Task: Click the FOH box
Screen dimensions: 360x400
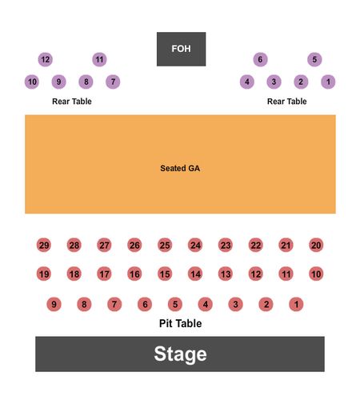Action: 181,49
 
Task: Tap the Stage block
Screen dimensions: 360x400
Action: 180,354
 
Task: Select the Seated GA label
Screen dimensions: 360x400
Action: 180,168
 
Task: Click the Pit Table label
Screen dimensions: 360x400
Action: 180,323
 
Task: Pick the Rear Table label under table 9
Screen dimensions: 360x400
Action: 72,102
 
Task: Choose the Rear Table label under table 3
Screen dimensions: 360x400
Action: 287,102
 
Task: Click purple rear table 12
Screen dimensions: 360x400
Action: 46,59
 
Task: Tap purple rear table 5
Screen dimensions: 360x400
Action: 314,59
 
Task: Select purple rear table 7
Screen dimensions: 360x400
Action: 113,82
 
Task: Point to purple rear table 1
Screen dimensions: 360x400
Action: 328,82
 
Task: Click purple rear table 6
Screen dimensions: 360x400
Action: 260,59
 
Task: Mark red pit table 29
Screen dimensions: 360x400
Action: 44,245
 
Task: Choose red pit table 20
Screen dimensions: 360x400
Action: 316,245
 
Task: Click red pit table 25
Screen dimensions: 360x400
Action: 165,245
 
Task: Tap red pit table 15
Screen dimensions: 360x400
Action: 165,274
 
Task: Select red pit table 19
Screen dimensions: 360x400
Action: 44,274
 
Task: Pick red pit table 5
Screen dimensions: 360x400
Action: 175,304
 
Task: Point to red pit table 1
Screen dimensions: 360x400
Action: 296,304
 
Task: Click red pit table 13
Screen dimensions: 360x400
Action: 226,274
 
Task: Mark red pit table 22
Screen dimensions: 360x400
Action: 256,245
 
